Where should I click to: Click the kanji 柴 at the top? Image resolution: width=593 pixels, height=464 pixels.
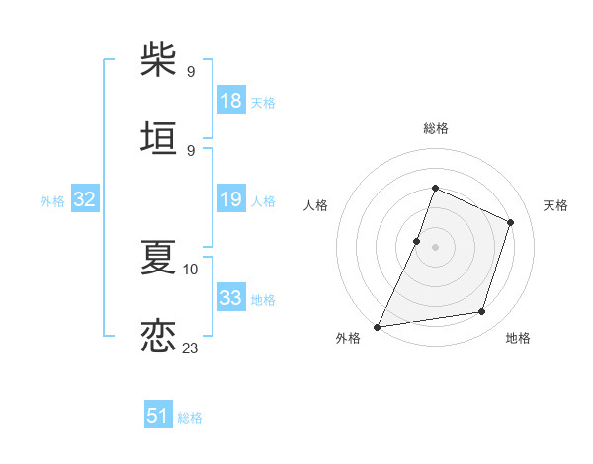[x=158, y=60]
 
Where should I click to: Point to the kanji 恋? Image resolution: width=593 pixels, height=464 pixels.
[x=158, y=335]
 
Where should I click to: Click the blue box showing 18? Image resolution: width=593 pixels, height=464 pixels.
[x=231, y=101]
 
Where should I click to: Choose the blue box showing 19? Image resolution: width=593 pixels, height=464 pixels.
[x=231, y=200]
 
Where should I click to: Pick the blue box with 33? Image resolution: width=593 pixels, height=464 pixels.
[x=231, y=298]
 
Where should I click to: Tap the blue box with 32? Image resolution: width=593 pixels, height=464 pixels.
[x=85, y=200]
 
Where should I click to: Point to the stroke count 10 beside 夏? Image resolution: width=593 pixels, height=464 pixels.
[x=191, y=269]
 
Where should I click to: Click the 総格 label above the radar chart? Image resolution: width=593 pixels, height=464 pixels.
[x=435, y=128]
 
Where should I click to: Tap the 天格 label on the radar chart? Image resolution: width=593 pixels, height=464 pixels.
[x=555, y=205]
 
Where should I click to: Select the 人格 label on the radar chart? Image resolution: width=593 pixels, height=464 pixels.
[x=315, y=205]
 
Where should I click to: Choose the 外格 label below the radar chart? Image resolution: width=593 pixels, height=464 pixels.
[x=348, y=338]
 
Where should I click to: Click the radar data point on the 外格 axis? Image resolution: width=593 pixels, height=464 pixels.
[x=378, y=326]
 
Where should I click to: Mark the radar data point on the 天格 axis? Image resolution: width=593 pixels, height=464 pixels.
[x=511, y=222]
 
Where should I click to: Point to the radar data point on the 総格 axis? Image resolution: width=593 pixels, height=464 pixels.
[x=435, y=188]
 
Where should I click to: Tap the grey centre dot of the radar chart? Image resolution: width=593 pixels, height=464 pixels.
[x=435, y=247]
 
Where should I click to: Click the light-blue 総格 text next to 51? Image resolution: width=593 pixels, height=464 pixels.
[x=190, y=418]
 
